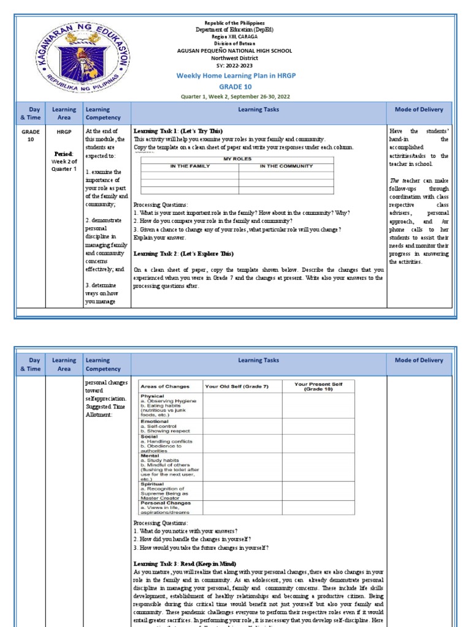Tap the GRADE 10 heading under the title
(x=235, y=86)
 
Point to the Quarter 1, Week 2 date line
(x=235, y=97)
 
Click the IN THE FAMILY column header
(x=190, y=166)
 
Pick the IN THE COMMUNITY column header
(x=286, y=166)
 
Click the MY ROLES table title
(x=237, y=159)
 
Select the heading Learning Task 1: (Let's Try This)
(x=178, y=131)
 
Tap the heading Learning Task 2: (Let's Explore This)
(x=183, y=253)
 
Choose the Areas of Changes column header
(x=165, y=386)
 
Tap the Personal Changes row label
(x=166, y=503)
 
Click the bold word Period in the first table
(x=63, y=153)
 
